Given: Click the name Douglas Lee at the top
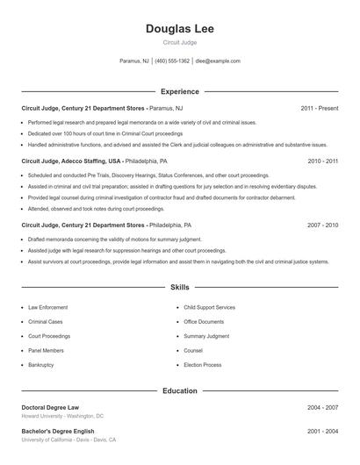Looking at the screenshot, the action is click(179, 29).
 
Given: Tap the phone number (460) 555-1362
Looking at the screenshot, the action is click(172, 61).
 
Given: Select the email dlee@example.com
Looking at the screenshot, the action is click(218, 61).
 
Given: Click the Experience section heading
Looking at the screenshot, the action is click(179, 91).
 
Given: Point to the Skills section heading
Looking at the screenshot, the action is click(179, 288).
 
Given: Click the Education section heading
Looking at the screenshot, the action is click(179, 390).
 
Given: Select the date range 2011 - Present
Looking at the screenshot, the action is click(319, 108).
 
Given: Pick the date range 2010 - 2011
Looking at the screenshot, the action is click(322, 161).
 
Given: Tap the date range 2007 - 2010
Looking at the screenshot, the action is click(322, 225).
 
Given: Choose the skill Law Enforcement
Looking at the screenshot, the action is click(47, 308).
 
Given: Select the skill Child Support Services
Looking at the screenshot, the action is click(209, 308).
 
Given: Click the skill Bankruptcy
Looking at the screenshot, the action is click(41, 364).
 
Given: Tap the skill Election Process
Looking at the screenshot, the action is click(203, 364).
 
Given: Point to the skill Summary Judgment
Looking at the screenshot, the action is click(206, 336).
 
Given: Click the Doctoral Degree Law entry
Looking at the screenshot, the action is click(50, 408).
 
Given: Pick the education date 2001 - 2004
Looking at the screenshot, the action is click(322, 432).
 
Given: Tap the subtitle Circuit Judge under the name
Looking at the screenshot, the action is click(179, 42).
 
